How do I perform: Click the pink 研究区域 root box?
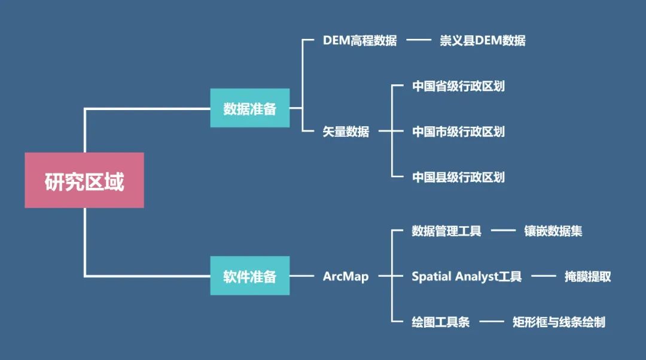84,180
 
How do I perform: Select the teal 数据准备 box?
249,108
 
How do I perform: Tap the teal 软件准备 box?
249,276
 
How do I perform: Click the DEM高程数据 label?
359,41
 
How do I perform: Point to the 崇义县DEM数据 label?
483,41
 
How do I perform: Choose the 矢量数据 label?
346,132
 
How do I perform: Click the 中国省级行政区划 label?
458,86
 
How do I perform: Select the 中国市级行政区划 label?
458,132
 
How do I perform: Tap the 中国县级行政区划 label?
458,177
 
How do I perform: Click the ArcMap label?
346,276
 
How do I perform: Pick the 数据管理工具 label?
446,231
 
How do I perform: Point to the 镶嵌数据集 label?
553,231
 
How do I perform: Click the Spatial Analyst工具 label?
467,276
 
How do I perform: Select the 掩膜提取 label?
588,276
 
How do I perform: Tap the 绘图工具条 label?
441,322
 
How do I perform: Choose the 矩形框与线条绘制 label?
559,322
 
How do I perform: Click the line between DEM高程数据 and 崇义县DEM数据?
419,41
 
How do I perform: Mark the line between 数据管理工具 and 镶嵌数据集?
503,231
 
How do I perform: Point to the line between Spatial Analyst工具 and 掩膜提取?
544,276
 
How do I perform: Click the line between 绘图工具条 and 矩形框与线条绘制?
491,322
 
